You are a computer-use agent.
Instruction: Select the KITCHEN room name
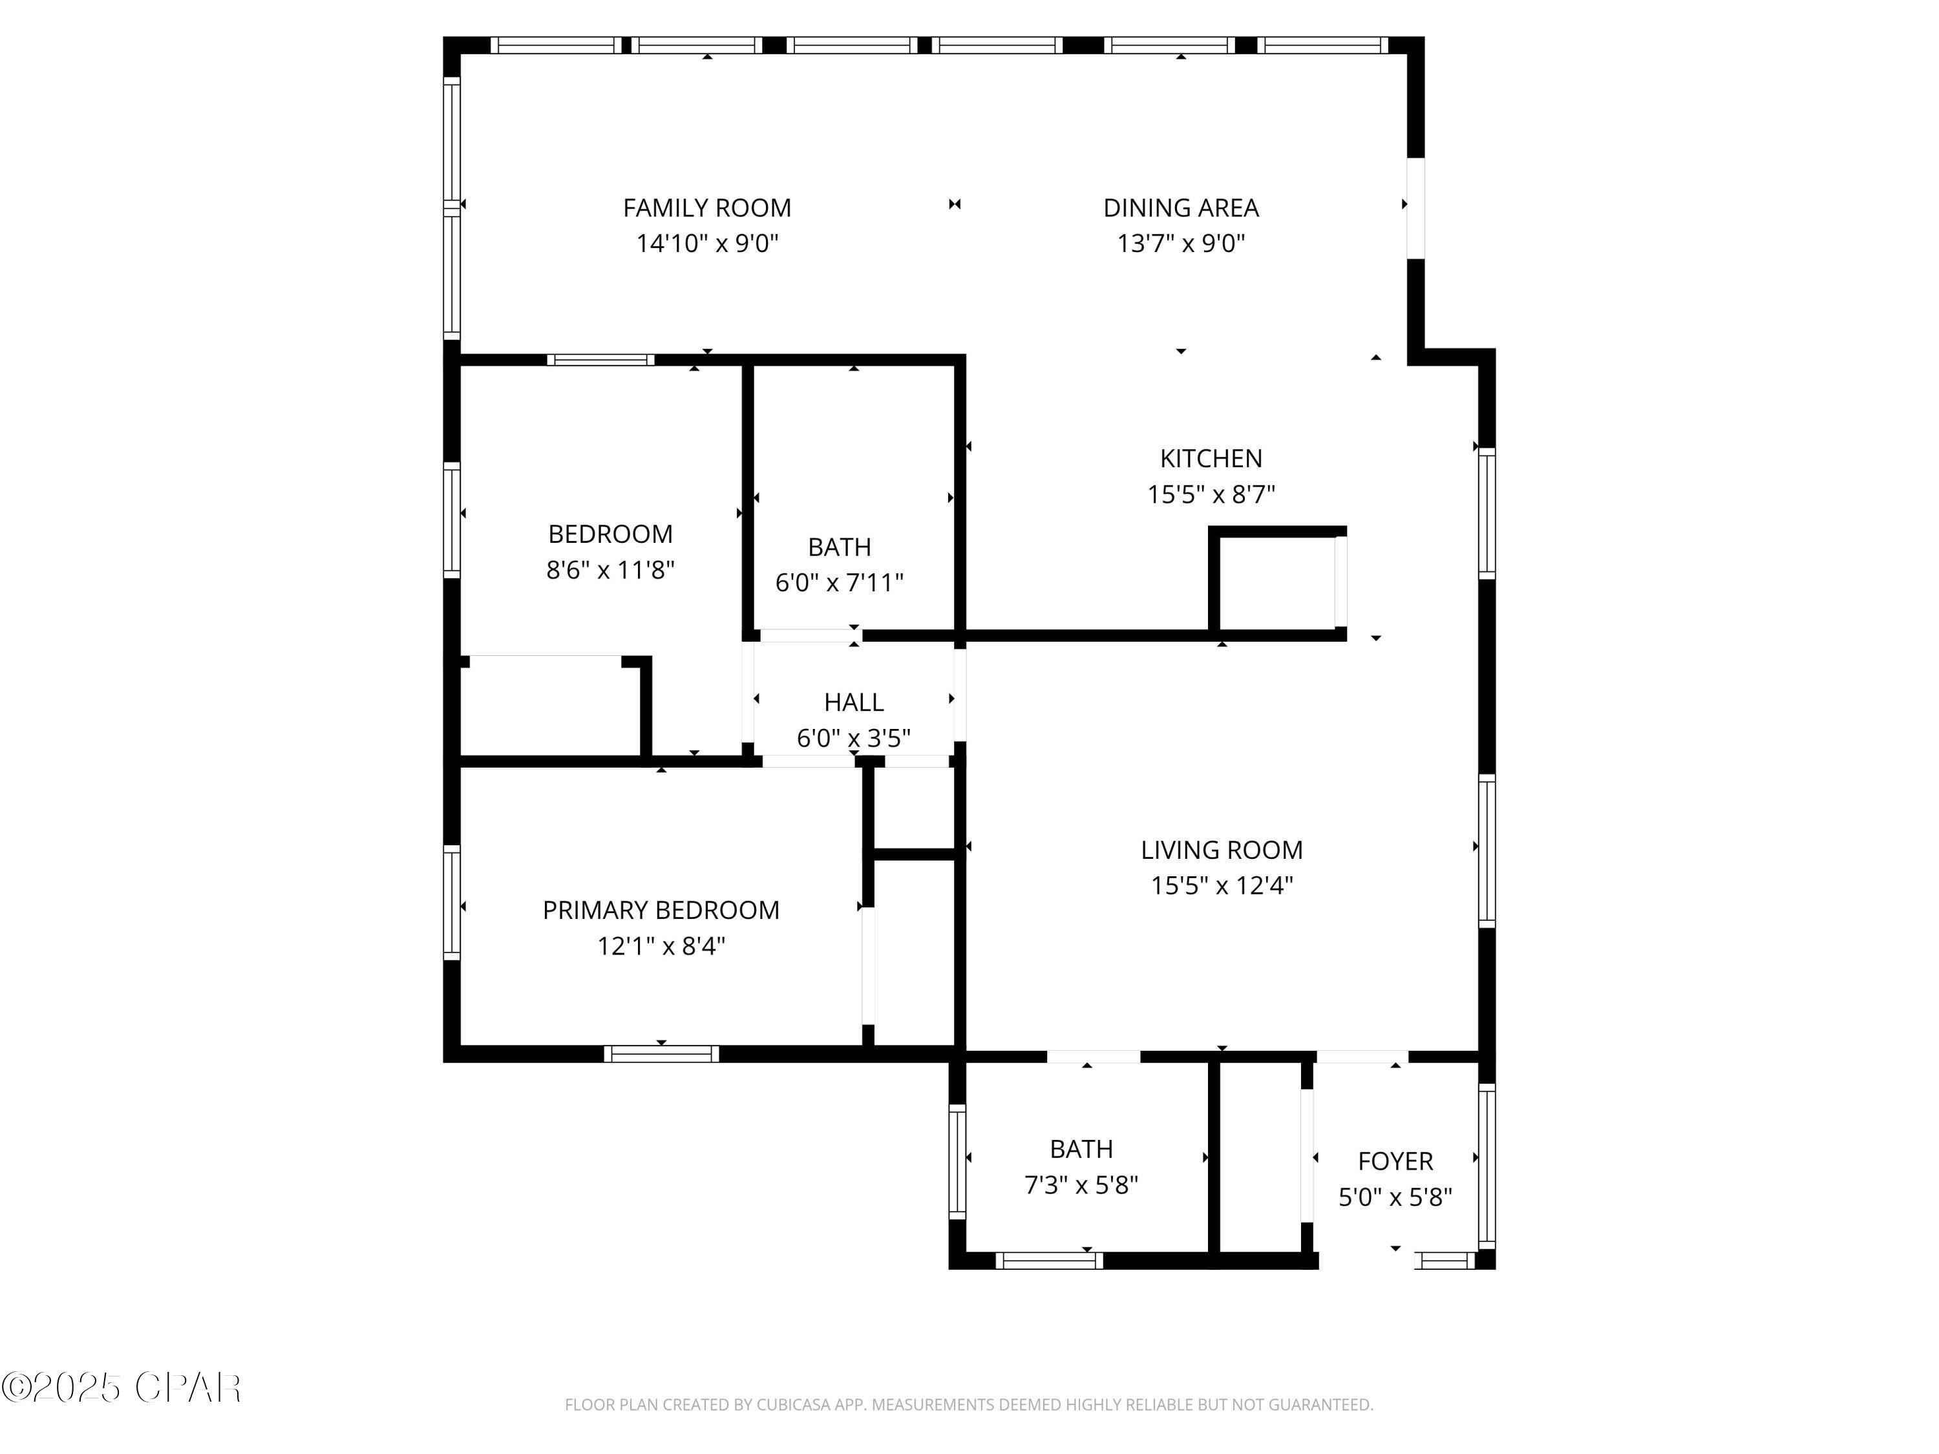tap(1211, 458)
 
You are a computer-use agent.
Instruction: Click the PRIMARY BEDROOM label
tap(661, 910)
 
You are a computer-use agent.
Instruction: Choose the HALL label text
tap(854, 702)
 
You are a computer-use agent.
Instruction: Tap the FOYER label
tap(1395, 1161)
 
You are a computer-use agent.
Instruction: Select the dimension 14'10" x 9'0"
tap(706, 243)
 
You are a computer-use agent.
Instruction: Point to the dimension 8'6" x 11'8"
tap(610, 570)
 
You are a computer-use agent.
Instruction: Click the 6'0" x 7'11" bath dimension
tap(839, 582)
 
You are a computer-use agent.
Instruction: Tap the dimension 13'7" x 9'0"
tap(1181, 243)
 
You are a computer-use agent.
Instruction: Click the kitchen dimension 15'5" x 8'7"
tap(1211, 494)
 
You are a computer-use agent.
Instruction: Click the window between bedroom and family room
tap(600, 359)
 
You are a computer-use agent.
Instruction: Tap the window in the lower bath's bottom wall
tap(1048, 1261)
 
